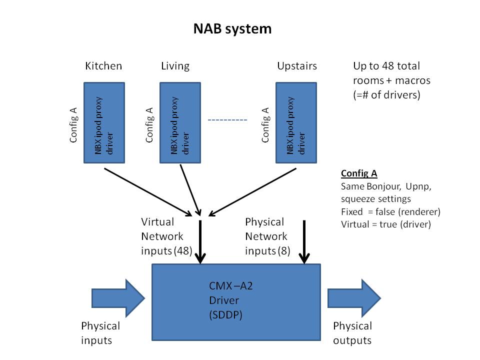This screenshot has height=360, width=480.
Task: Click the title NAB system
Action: click(x=232, y=29)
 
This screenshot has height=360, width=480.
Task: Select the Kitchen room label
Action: click(x=103, y=66)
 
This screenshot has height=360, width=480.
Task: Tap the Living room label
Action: click(x=175, y=66)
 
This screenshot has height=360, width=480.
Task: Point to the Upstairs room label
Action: click(x=297, y=66)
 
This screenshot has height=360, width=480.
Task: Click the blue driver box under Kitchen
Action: click(x=104, y=122)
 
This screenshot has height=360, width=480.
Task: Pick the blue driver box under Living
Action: click(x=180, y=122)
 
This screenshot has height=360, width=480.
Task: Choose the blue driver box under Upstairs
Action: click(x=296, y=122)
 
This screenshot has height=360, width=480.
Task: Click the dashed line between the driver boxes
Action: click(x=227, y=120)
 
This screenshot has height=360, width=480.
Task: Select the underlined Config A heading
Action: click(x=359, y=173)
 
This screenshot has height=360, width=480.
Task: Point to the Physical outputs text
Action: click(x=352, y=333)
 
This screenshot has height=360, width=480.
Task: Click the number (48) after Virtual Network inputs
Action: click(x=182, y=250)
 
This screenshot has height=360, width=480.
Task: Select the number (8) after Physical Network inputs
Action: click(x=283, y=250)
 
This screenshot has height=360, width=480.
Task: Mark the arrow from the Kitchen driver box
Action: click(x=147, y=190)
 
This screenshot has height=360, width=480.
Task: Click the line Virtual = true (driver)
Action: click(x=385, y=224)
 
